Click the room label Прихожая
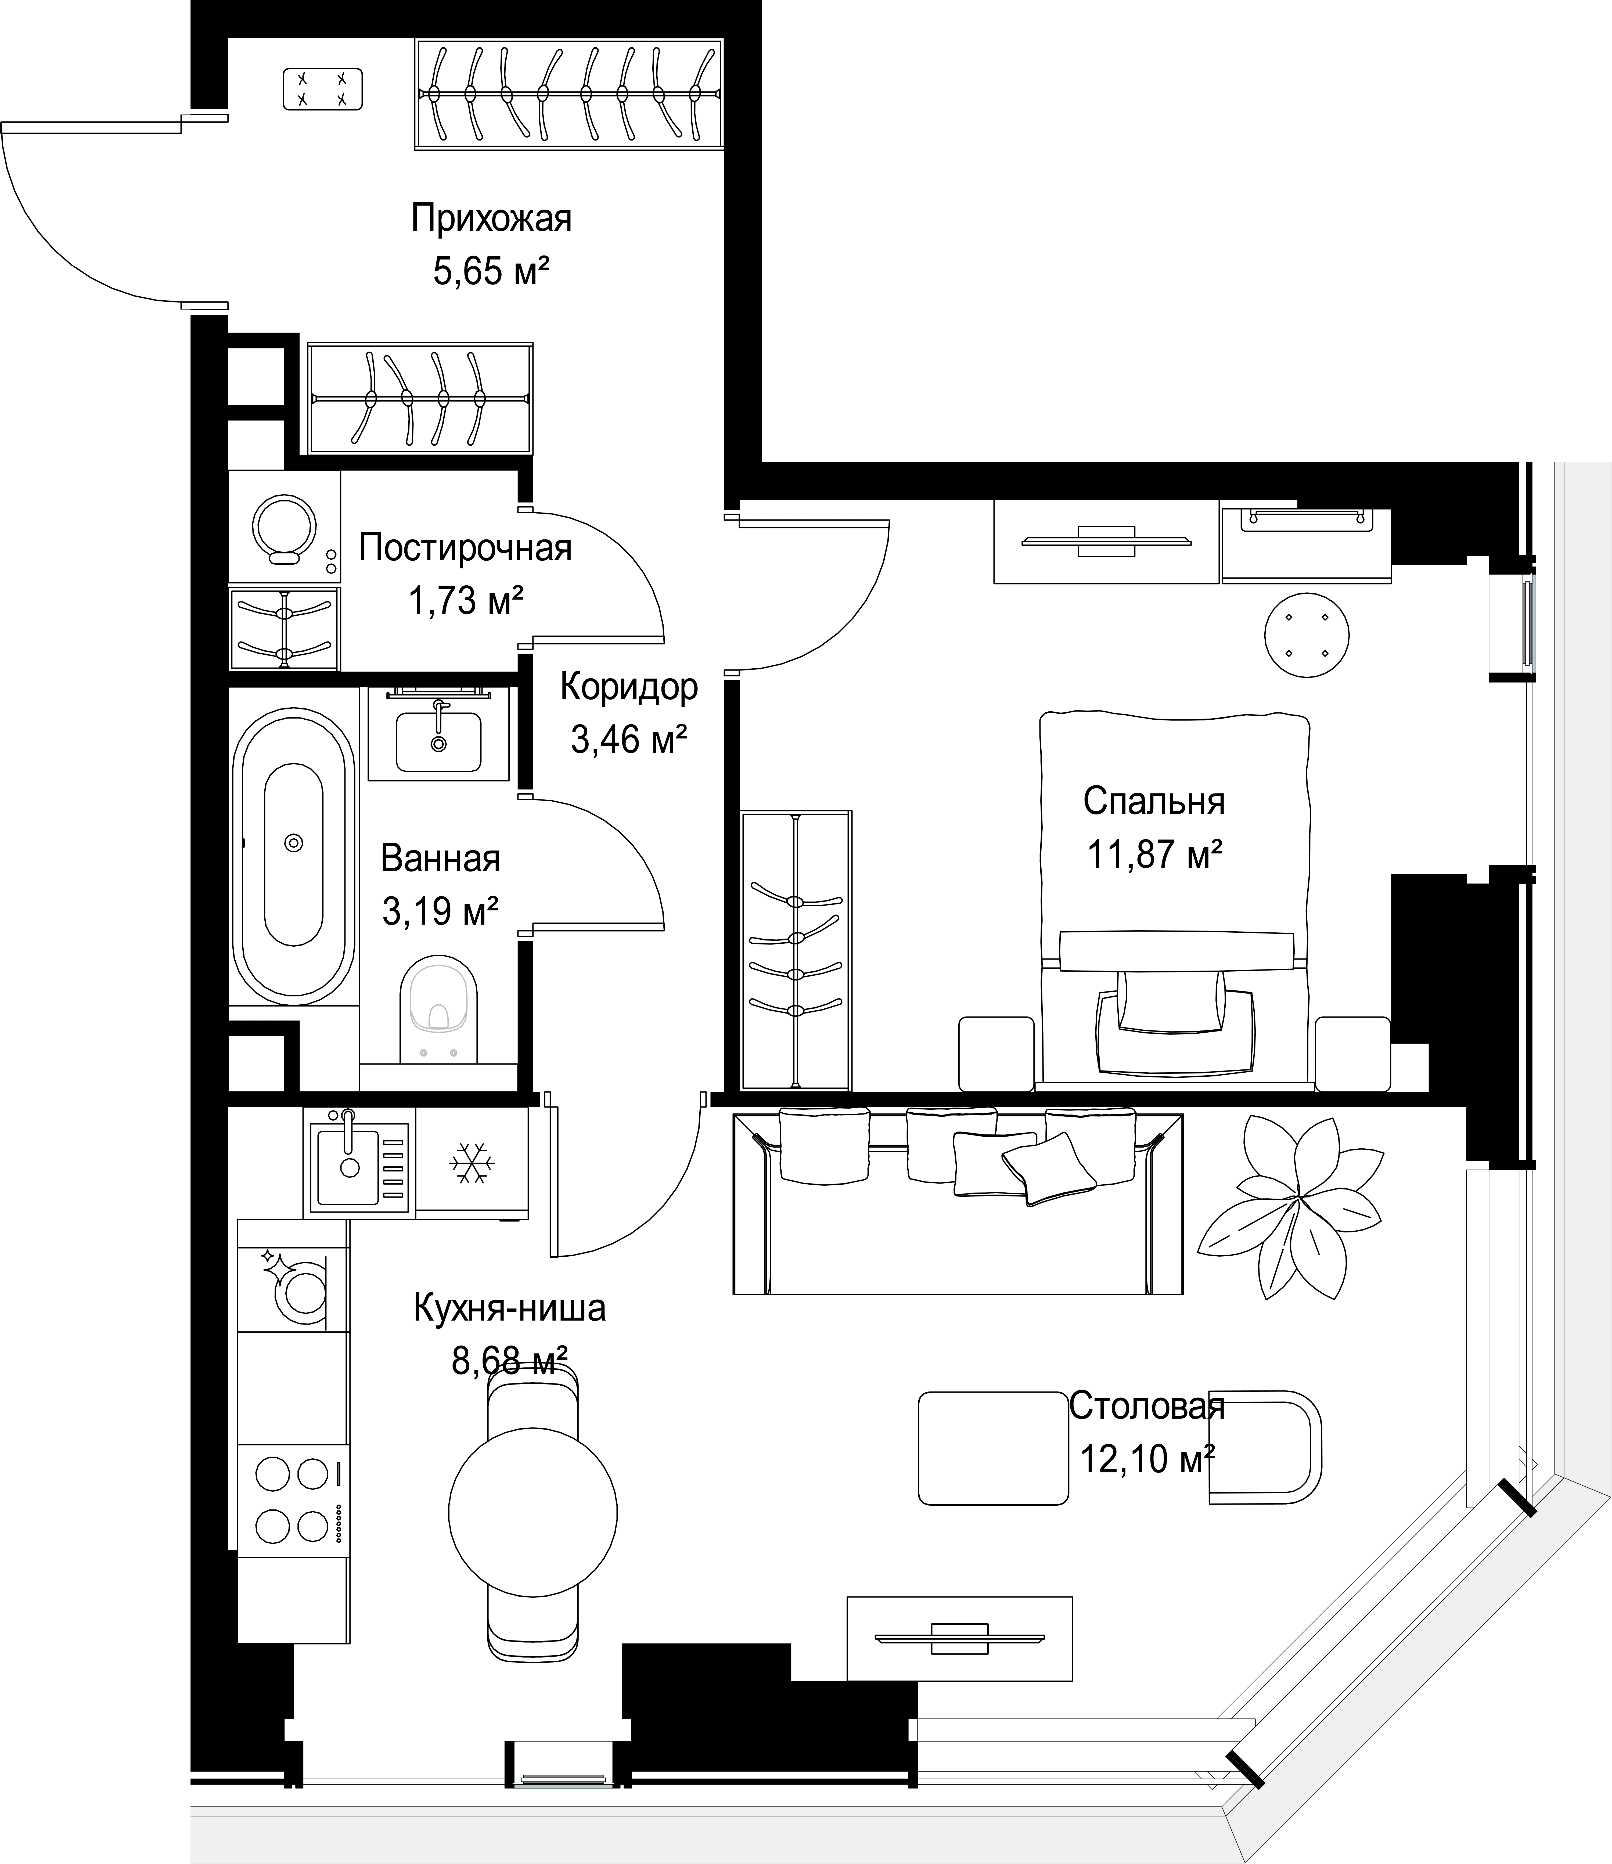coord(491,219)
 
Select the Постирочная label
coord(465,548)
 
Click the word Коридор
coord(629,687)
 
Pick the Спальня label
coord(1154,801)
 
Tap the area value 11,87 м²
coord(1155,853)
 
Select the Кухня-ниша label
coord(509,1308)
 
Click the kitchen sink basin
coord(347,1166)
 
